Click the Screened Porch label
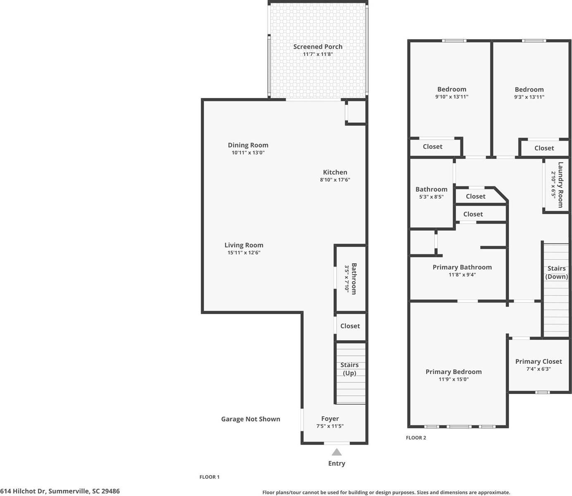click(317, 47)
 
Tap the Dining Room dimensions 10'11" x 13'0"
click(248, 153)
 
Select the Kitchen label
click(335, 172)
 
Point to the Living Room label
click(244, 245)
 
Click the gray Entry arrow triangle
click(337, 452)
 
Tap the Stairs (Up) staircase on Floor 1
click(350, 374)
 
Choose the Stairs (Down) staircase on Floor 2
click(556, 289)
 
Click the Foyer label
click(330, 419)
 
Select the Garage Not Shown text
click(250, 419)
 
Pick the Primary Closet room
click(539, 365)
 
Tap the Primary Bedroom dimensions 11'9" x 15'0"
click(453, 379)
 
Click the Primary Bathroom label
click(462, 267)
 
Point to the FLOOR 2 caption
click(416, 438)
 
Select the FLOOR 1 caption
click(210, 477)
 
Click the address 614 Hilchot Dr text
click(60, 491)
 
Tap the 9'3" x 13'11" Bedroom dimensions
click(529, 97)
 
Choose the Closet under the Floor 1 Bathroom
click(350, 326)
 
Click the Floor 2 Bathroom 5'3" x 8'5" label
click(431, 193)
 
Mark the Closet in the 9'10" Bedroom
click(433, 147)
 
